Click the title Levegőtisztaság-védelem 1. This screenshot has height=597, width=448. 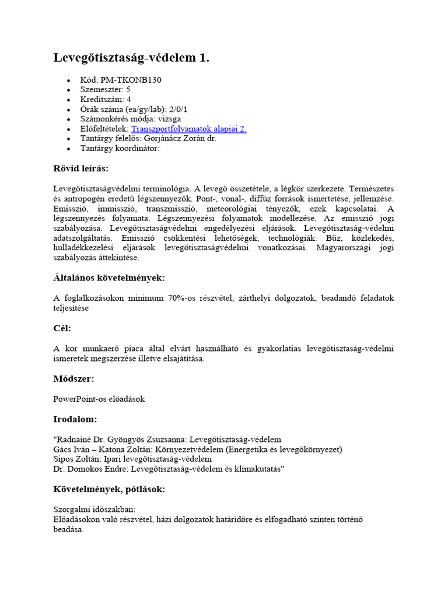click(x=131, y=58)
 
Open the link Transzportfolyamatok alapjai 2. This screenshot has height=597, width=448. click(x=189, y=129)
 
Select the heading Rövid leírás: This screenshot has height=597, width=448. click(x=81, y=168)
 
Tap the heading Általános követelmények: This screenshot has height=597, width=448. click(x=109, y=278)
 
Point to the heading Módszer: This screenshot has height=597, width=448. click(x=73, y=378)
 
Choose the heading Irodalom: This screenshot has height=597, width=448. click(x=75, y=419)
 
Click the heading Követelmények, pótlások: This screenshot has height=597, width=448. click(x=109, y=489)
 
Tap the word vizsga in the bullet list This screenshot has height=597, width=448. click(x=169, y=119)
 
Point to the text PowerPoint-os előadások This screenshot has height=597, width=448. click(x=99, y=399)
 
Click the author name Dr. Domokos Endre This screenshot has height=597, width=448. click(x=89, y=469)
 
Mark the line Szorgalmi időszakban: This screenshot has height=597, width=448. click(x=94, y=510)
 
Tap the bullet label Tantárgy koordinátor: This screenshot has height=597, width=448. click(x=120, y=148)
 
